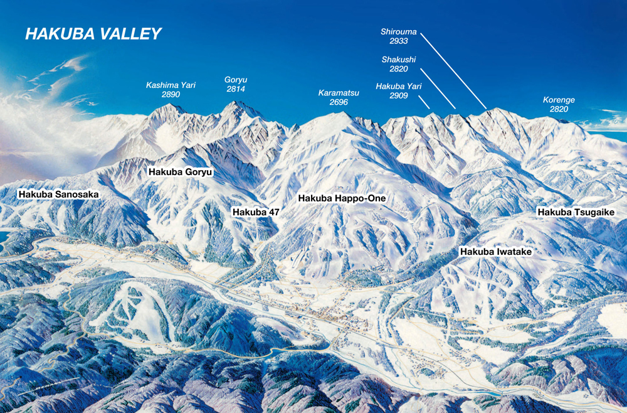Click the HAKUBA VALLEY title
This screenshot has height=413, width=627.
click(x=93, y=34)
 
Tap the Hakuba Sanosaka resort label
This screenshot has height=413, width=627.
click(x=58, y=195)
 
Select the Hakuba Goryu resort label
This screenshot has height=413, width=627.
click(x=181, y=171)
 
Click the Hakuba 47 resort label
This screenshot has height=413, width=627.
click(x=256, y=212)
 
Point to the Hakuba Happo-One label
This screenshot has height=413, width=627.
click(x=342, y=198)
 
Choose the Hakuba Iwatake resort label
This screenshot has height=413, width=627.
click(x=496, y=252)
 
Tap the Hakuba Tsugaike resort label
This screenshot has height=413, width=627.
click(x=576, y=213)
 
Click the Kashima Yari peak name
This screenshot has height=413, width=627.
click(x=163, y=85)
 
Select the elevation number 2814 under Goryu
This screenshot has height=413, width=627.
click(x=235, y=89)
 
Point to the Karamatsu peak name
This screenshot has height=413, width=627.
click(x=339, y=93)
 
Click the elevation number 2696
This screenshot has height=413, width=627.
click(x=339, y=102)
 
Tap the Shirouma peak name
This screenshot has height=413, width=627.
click(x=398, y=32)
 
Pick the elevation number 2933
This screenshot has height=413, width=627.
click(x=398, y=41)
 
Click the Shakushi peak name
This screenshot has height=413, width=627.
click(x=399, y=60)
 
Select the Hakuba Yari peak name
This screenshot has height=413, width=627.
click(x=399, y=87)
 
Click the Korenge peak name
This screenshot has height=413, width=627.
click(x=559, y=100)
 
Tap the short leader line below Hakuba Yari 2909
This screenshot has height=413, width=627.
click(x=424, y=102)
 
